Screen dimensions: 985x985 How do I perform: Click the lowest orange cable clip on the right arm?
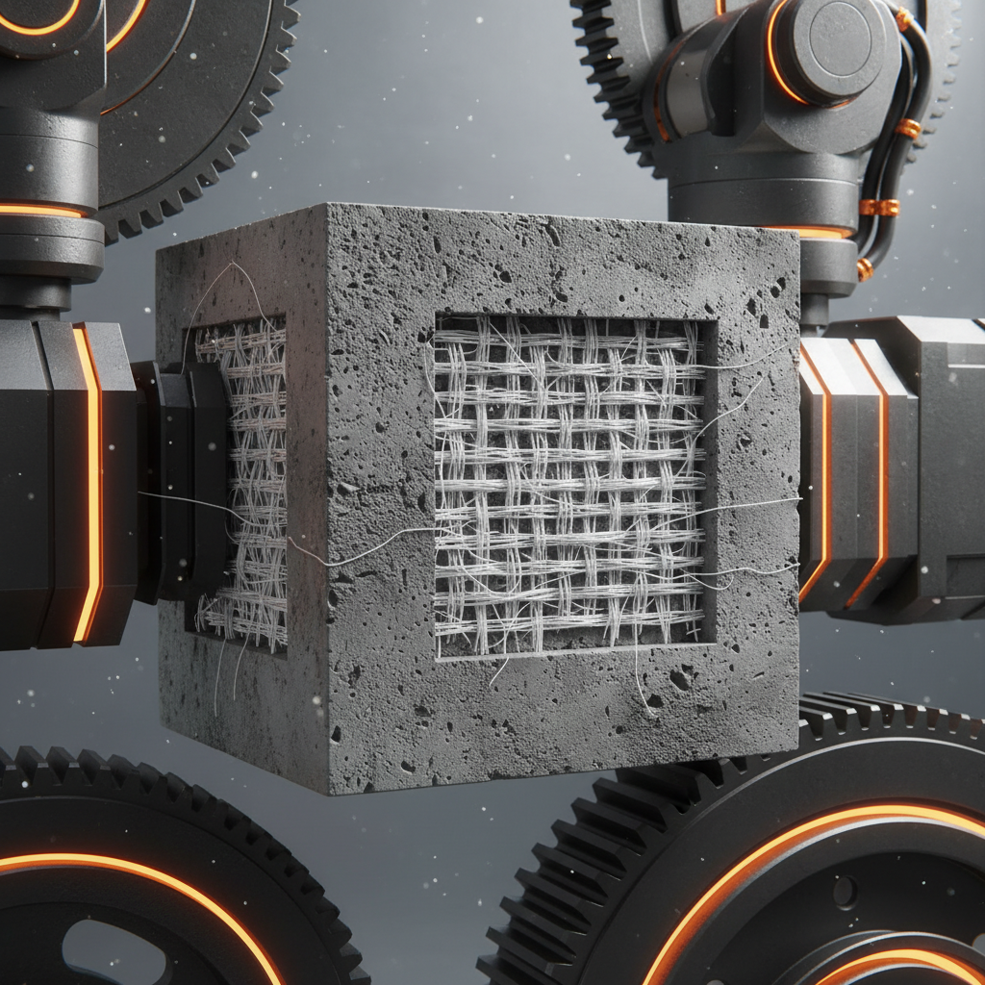click(865, 269)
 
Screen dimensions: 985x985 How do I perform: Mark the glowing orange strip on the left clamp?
click(88, 481)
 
